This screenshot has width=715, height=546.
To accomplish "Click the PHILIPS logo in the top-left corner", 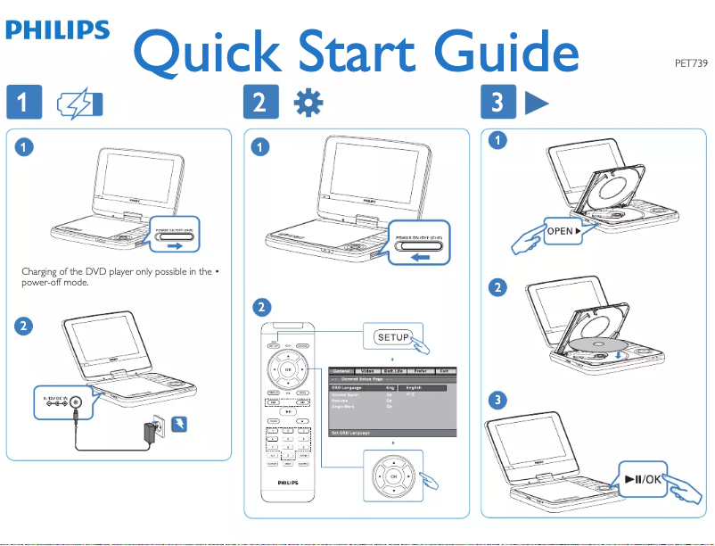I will coord(58,30).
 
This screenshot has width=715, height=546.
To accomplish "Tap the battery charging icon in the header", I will coord(78,104).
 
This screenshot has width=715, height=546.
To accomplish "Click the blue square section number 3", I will coord(496,104).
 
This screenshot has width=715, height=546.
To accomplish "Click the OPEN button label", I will coord(561,231).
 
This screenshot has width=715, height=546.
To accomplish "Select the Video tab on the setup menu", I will coord(363,369).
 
